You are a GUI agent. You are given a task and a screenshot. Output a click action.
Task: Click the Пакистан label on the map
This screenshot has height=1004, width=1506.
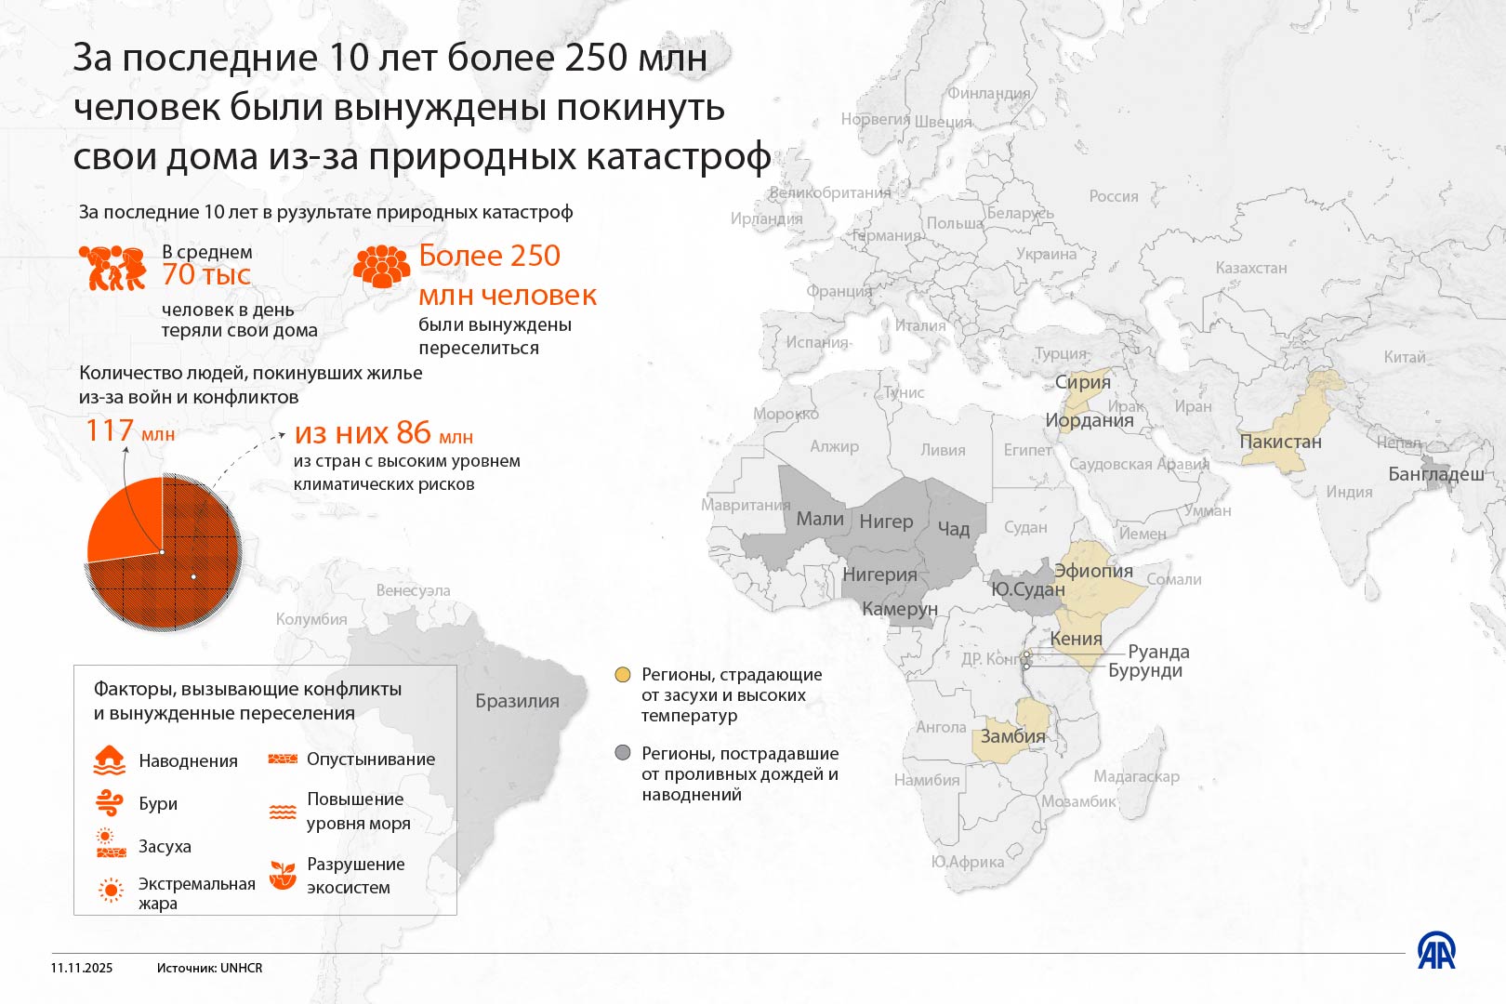[1280, 442]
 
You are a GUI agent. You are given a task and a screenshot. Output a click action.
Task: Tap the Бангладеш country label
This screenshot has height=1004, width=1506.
[1435, 474]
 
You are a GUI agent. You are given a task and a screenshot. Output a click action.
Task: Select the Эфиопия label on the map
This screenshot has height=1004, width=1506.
[1093, 571]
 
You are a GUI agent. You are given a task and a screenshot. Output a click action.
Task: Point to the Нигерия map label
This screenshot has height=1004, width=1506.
[879, 575]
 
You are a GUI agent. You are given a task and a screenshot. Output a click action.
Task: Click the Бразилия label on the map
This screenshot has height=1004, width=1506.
[517, 701]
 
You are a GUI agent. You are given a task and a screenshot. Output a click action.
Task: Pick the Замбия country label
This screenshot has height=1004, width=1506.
[1012, 736]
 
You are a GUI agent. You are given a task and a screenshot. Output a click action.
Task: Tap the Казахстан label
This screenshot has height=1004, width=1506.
[1250, 268]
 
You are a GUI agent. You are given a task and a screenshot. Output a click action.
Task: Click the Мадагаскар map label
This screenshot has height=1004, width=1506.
[1136, 776]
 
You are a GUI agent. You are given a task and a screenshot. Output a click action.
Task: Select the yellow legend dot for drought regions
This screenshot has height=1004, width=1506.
[623, 674]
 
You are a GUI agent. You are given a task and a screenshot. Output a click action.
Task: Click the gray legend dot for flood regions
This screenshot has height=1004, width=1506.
[623, 753]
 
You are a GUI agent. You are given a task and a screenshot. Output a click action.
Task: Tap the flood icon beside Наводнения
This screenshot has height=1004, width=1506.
[110, 760]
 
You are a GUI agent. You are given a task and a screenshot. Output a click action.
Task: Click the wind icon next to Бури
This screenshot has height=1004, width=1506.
[110, 802]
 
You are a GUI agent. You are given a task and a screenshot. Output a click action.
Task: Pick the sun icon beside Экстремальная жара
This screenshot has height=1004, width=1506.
[111, 891]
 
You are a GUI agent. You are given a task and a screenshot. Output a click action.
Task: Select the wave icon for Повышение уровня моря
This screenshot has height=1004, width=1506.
[283, 812]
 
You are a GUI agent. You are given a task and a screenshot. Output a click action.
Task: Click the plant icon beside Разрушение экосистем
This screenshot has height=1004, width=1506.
[283, 874]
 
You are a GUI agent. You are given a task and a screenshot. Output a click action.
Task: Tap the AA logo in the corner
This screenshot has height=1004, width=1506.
[1436, 951]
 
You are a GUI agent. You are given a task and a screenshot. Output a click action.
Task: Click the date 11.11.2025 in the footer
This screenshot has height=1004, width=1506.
[82, 968]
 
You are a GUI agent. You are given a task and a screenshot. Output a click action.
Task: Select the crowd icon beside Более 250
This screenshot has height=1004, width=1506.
[381, 266]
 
